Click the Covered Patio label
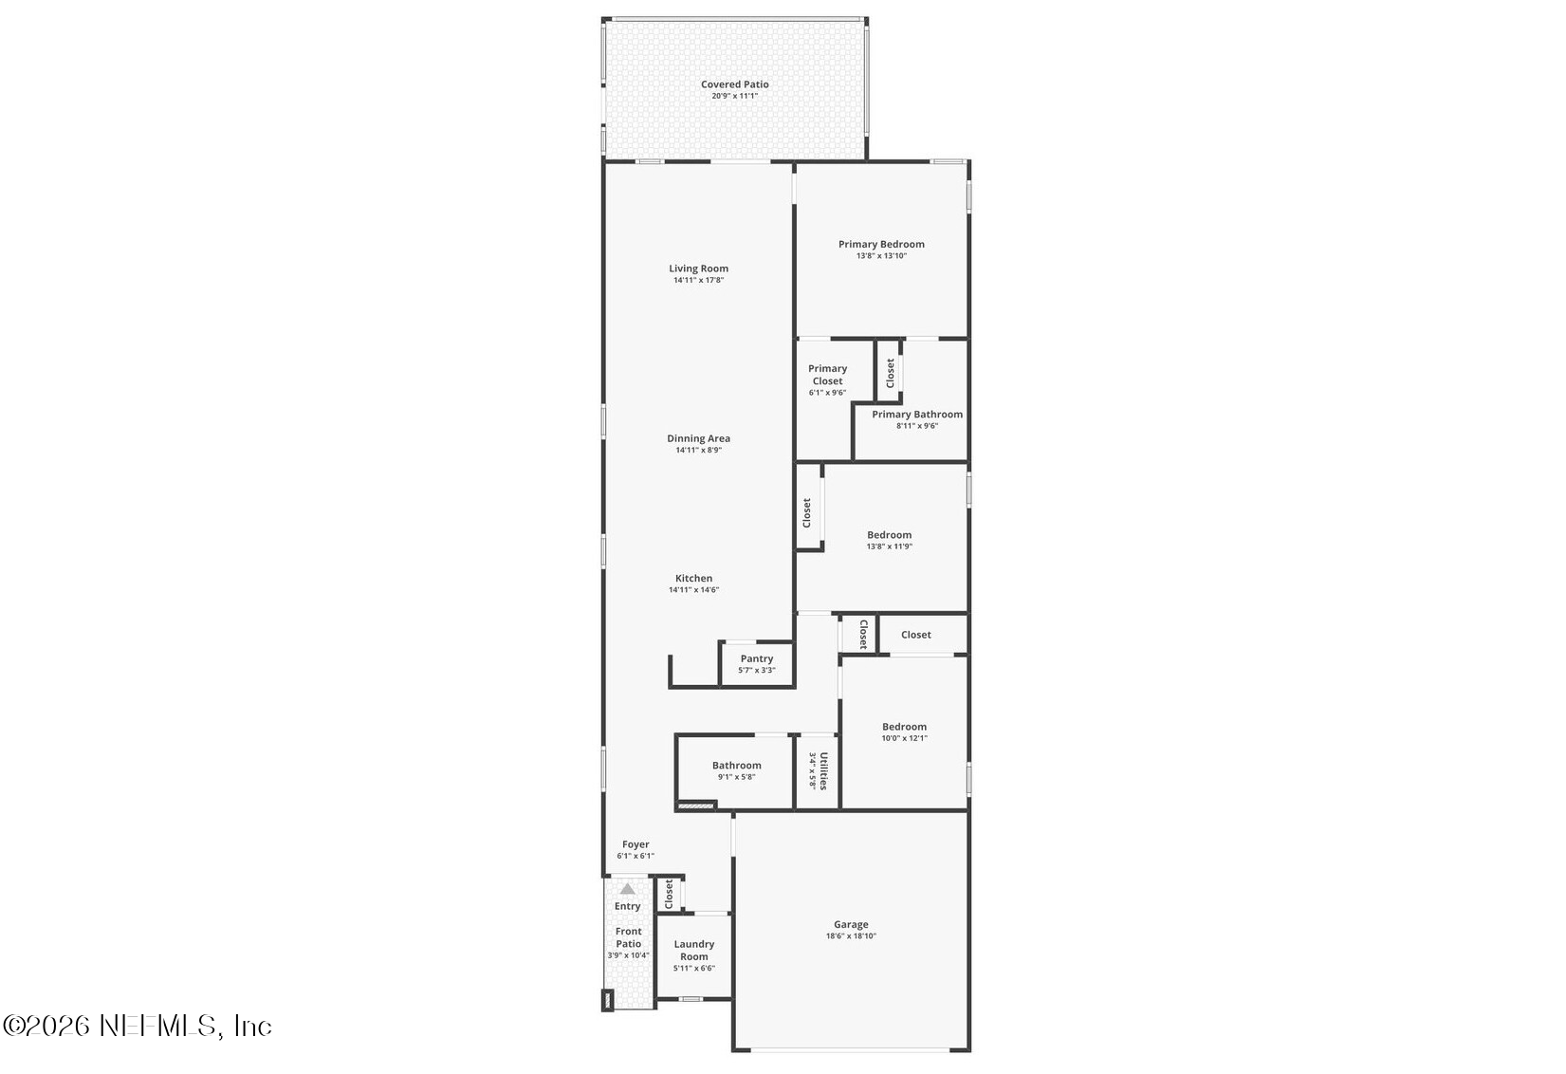(734, 84)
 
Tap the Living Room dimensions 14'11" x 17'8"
(699, 281)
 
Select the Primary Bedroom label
(881, 244)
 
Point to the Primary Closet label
(827, 375)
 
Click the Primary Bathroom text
(917, 415)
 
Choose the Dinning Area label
(699, 438)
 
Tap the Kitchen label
(693, 578)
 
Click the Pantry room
(757, 663)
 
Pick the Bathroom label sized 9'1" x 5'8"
(736, 766)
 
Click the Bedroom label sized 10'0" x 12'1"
(904, 727)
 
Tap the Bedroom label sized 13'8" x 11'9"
(889, 535)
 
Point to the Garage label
(851, 924)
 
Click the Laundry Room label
(694, 950)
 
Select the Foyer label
(636, 844)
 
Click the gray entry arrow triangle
(628, 889)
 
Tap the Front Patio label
(628, 937)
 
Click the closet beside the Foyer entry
(669, 894)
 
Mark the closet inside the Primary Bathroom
(890, 372)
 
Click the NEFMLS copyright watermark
(138, 1026)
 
